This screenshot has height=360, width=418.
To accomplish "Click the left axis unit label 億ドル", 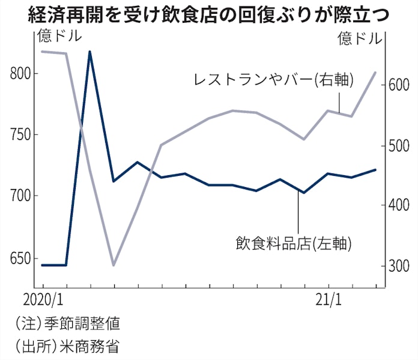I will coord(59,37).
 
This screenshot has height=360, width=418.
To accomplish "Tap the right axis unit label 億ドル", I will coord(359,40).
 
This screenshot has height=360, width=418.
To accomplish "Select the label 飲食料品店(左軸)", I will coord(294,244).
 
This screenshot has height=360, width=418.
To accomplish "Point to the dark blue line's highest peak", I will coord(89,52).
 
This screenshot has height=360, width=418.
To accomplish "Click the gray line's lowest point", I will coord(113,265).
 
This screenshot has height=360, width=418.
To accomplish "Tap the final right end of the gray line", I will coord(376,72).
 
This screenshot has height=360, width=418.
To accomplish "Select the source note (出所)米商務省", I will coord(68,346).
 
